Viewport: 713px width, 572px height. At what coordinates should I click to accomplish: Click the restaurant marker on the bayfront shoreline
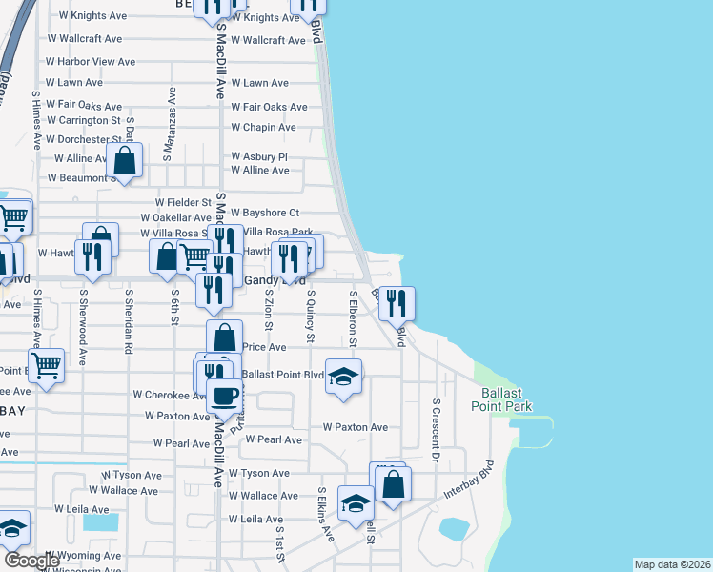397,303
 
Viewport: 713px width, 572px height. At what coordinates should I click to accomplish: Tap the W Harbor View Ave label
91,61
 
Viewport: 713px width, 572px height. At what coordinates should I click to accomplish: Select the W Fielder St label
183,203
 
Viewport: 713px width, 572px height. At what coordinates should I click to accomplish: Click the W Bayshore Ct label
266,213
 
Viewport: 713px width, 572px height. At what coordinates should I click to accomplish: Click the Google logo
32,561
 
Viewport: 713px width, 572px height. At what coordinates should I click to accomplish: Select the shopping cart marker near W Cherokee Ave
47,366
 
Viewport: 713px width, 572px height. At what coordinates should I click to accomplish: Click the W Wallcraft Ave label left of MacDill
84,39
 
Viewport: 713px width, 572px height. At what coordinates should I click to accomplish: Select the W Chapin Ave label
263,128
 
